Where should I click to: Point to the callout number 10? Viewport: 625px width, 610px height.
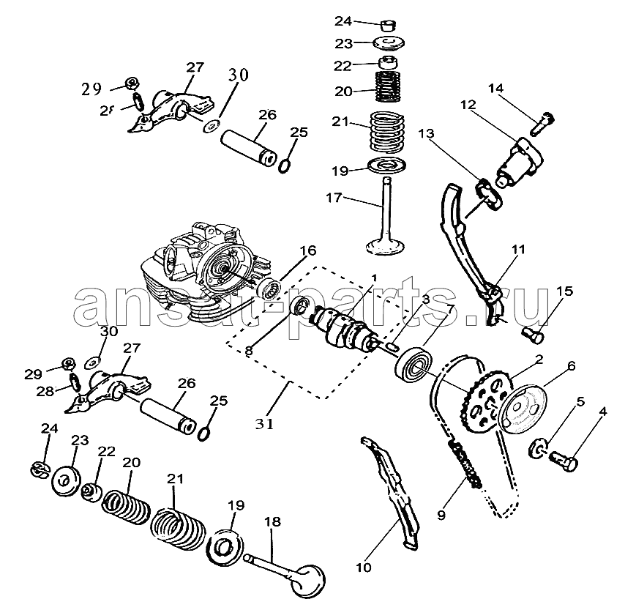364,567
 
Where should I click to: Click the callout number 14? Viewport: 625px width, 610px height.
496,89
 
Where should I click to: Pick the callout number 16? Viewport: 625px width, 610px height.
308,250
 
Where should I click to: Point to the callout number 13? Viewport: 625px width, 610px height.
426,133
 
